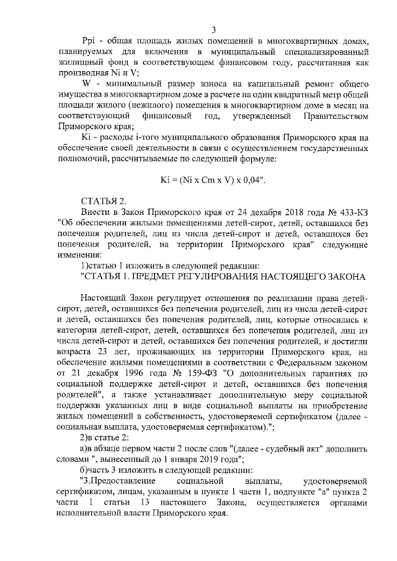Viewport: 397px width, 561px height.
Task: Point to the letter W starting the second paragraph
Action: (87, 83)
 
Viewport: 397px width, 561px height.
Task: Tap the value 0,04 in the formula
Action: (251, 180)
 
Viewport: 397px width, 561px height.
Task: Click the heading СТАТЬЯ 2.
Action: (104, 201)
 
